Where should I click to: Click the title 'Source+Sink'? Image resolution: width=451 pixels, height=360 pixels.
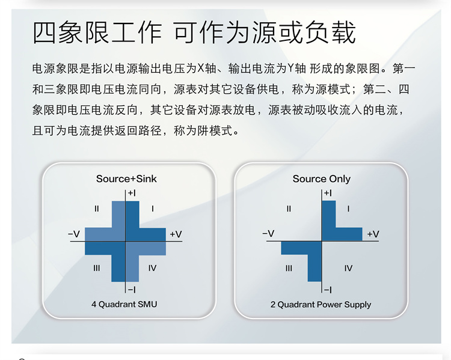pyautogui.click(x=126, y=179)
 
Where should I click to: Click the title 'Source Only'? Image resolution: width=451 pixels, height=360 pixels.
pyautogui.click(x=322, y=179)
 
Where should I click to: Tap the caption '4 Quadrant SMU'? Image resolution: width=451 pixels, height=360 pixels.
pyautogui.click(x=124, y=304)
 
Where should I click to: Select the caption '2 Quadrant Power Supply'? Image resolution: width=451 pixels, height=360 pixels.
pyautogui.click(x=321, y=305)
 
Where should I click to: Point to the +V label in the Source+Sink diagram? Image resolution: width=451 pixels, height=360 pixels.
pyautogui.click(x=176, y=234)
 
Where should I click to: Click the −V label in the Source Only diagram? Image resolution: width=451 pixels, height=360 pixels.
pyautogui.click(x=268, y=233)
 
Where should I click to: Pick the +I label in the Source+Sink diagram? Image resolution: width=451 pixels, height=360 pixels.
pyautogui.click(x=132, y=194)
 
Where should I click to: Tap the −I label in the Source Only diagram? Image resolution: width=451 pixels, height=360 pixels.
pyautogui.click(x=328, y=290)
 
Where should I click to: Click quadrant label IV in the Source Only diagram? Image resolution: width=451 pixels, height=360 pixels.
pyautogui.click(x=348, y=268)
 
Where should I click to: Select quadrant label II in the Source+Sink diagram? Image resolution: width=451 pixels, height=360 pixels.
pyautogui.click(x=97, y=209)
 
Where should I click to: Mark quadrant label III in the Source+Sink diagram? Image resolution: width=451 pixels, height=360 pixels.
pyautogui.click(x=97, y=268)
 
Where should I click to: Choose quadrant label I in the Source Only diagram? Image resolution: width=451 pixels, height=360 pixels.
pyautogui.click(x=348, y=209)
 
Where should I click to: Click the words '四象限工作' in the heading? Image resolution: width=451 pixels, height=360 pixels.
pyautogui.click(x=97, y=32)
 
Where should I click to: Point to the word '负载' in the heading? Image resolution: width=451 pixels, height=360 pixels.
pyautogui.click(x=330, y=32)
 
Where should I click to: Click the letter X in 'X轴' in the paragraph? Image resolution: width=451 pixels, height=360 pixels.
pyautogui.click(x=200, y=69)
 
